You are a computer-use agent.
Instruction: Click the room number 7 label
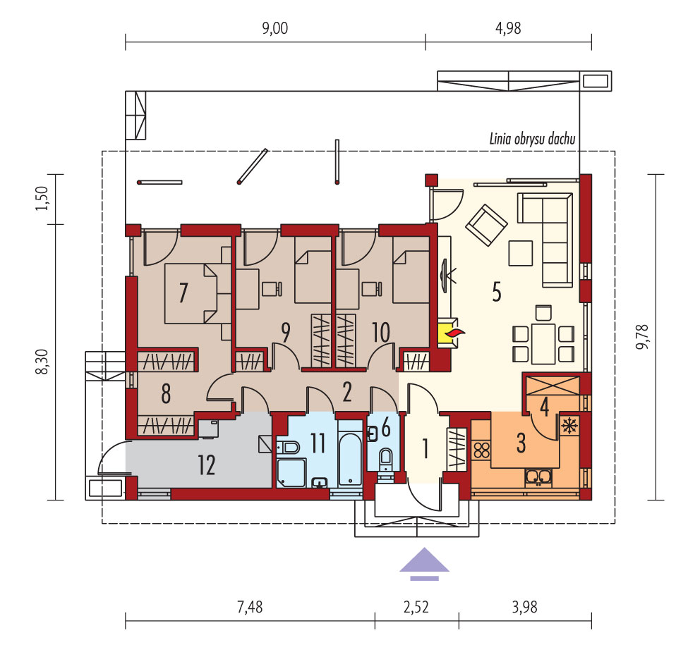point(183,293)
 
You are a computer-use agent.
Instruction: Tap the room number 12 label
point(207,465)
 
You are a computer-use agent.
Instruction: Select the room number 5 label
point(497,292)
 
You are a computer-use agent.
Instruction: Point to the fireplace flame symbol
point(454,333)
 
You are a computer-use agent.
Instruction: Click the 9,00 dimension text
point(275,28)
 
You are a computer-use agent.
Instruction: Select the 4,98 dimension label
point(508,28)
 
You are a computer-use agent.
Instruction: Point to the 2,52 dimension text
point(416,608)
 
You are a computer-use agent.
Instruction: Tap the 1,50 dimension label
point(42,199)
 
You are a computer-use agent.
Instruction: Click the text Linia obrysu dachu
point(532,139)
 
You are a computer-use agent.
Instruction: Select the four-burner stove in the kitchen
point(481,450)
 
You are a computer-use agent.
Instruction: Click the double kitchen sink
point(538,477)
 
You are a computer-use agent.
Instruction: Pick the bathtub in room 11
point(350,460)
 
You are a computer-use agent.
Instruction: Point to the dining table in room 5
point(543,343)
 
